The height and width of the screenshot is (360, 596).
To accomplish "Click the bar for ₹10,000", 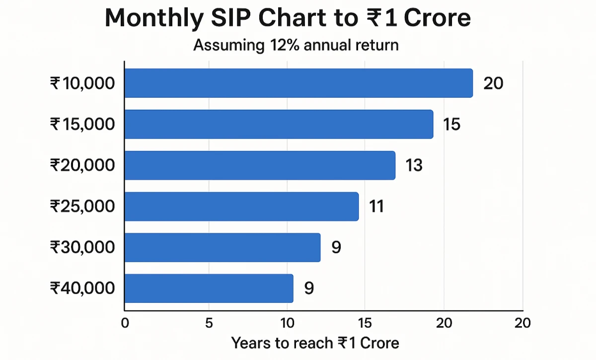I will pos(298,83).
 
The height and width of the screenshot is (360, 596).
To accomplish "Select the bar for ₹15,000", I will pos(278,124).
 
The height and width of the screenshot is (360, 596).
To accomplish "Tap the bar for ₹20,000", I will pos(259,165).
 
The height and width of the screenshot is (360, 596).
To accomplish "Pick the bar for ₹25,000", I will pos(241,206).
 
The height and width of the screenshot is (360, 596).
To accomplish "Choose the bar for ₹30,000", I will pos(222,247).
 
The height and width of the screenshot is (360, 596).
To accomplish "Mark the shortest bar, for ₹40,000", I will pos(209,288).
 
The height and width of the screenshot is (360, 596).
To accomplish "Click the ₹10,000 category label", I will pos(82,83).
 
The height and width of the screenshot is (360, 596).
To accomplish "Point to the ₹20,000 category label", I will pos(82,165).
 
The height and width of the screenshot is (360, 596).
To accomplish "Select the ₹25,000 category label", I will pos(82,206).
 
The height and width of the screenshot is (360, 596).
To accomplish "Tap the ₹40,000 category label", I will pos(82,288).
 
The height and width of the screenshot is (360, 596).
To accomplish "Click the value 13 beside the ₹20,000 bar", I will pos(414,165).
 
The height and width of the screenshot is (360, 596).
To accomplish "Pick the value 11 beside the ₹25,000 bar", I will pos(376,206).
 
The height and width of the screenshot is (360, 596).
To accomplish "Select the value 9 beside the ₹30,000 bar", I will pos(336,247).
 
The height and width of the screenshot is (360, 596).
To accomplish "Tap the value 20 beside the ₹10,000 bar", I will pos(493,83).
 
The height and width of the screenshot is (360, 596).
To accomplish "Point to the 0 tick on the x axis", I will pos(125,323).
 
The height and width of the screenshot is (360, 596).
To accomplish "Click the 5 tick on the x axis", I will pos(209,323).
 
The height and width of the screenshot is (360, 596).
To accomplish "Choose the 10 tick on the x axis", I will pos(287,323).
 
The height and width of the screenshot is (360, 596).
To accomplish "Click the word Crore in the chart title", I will pos(437,19).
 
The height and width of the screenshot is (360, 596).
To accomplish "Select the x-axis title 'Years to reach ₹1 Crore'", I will pos(315,343).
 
